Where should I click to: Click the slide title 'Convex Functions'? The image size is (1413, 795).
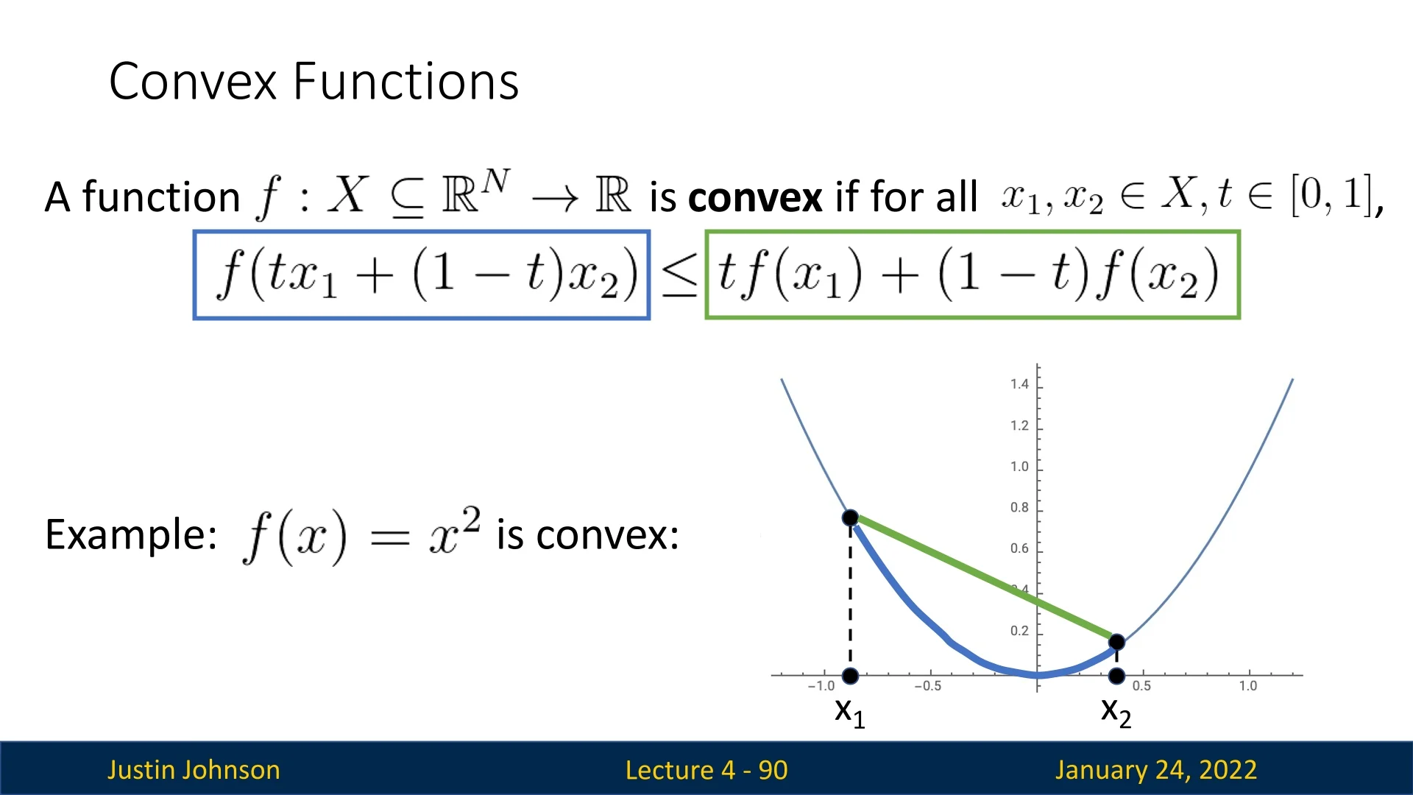coord(314,81)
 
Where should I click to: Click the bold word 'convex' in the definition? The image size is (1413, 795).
coord(755,197)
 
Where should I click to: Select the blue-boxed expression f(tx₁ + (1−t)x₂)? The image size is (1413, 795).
coord(422,275)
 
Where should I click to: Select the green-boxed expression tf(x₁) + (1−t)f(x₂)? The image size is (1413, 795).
coord(972,275)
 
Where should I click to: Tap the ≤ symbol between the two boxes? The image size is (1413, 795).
coord(679,277)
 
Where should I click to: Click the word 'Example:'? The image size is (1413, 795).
coord(131,534)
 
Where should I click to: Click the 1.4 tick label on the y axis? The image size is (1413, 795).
coord(1019,384)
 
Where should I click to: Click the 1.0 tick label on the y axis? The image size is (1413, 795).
coord(1019,466)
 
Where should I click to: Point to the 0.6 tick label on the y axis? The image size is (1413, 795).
coord(1019,548)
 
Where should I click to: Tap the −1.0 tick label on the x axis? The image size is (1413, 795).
coord(821,686)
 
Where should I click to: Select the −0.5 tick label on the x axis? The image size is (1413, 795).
coord(927,686)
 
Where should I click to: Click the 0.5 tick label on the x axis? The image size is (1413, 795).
coord(1141,686)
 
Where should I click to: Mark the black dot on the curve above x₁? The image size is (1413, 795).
coord(850,517)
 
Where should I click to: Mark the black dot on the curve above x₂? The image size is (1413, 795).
coord(1116,642)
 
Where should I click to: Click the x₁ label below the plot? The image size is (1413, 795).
coord(850,712)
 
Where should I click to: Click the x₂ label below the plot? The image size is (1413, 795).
coord(1116,712)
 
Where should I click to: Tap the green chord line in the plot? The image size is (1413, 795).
coord(983,579)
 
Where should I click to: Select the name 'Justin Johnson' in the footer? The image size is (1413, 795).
coord(194,770)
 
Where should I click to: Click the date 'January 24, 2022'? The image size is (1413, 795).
coord(1156,770)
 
